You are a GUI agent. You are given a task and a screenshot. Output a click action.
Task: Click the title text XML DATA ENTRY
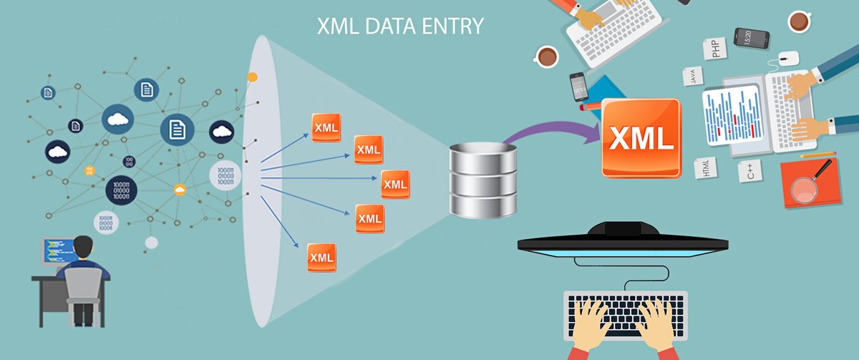coord(401,27)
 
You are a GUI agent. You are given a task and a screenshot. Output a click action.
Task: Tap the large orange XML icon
coord(641,138)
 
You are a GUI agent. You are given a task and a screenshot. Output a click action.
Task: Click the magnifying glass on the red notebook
coord(807,185)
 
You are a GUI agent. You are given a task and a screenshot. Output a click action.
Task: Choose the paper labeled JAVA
coord(693,76)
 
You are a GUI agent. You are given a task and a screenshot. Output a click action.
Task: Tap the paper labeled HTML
coord(707,169)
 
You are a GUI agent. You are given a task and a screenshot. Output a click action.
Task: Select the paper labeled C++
coord(749,171)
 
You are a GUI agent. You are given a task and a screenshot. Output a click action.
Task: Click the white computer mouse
coord(788,58)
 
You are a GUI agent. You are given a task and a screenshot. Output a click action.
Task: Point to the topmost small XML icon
coord(326,127)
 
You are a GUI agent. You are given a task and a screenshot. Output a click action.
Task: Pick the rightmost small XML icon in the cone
coord(395,184)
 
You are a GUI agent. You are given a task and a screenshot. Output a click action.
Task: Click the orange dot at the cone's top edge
coord(252,76)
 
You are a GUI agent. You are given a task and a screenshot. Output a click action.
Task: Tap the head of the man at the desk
coord(83,245)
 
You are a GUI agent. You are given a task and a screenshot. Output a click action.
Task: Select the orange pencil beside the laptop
coord(818,154)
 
